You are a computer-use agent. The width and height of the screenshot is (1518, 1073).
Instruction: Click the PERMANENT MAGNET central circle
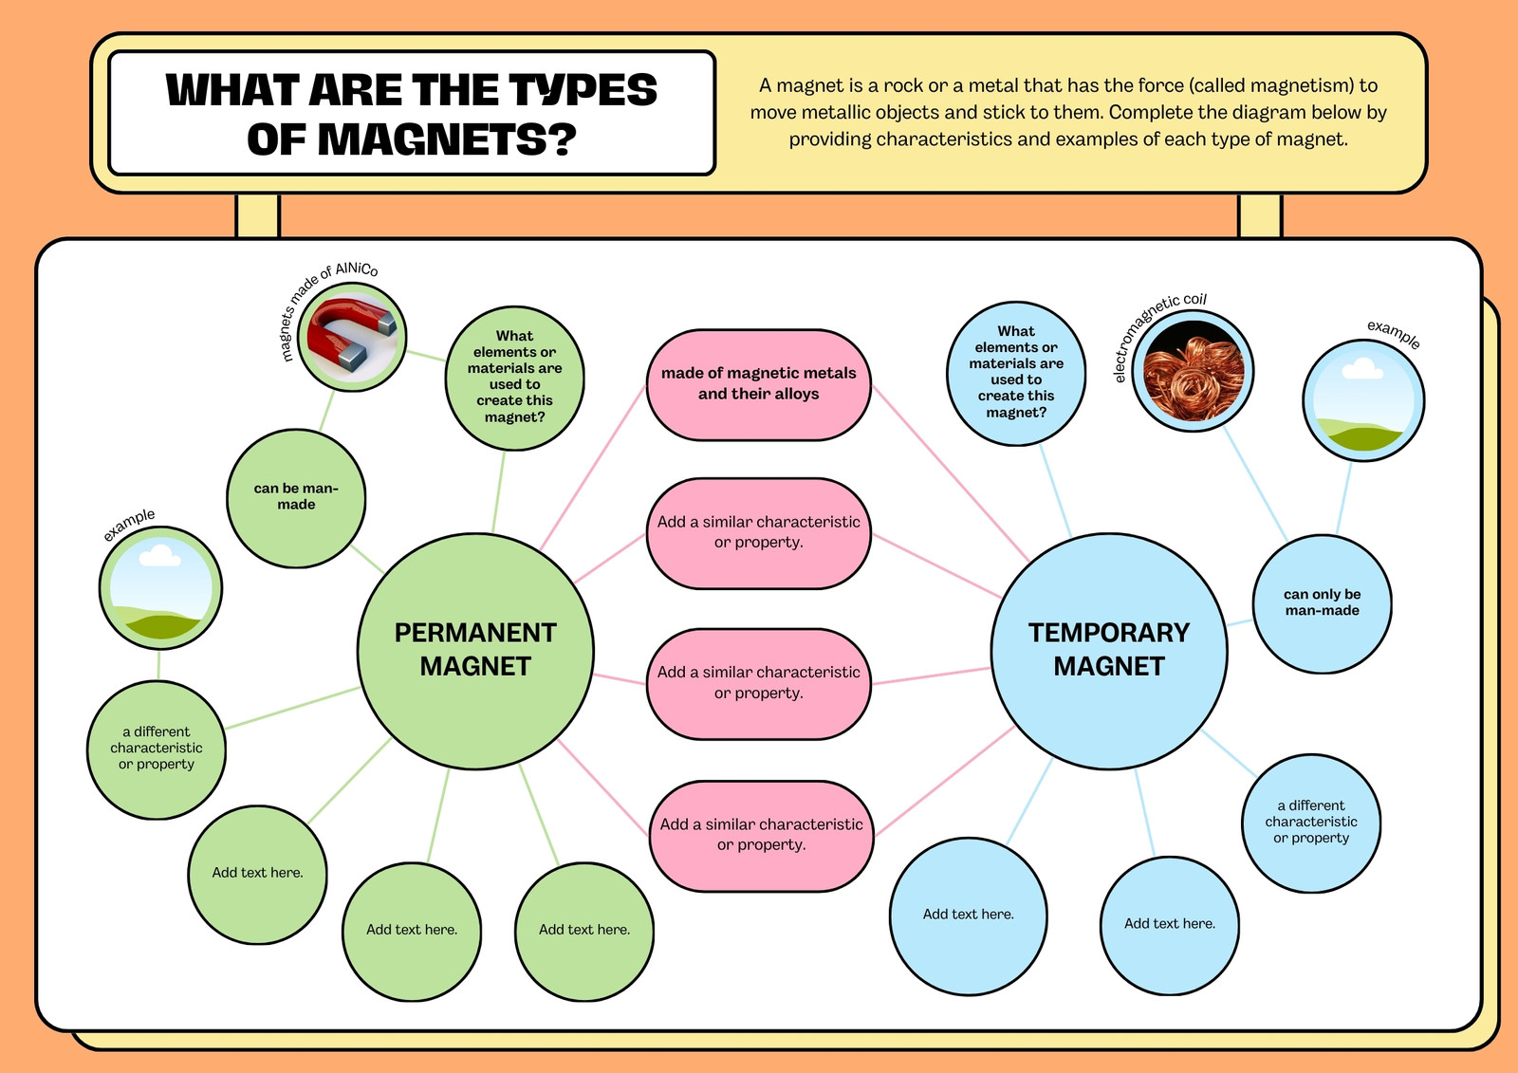475,651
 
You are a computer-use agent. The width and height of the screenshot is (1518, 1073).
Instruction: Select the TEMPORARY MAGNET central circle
1109,651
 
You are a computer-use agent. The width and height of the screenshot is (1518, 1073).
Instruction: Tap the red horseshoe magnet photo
352,337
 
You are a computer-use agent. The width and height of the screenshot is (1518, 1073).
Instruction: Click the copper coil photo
1193,371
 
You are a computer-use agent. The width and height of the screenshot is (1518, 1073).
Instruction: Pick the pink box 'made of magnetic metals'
758,384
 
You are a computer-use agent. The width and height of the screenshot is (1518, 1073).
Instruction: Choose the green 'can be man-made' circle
296,497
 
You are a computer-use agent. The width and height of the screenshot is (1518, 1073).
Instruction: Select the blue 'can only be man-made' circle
1322,602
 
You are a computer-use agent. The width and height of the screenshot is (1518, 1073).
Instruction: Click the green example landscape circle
160,587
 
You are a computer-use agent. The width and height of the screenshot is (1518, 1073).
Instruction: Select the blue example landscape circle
1363,400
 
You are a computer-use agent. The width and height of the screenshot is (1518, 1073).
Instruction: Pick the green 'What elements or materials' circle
514,378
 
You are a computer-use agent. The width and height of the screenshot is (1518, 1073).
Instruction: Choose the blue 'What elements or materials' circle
1016,374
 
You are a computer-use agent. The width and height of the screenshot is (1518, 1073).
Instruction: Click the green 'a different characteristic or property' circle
157,749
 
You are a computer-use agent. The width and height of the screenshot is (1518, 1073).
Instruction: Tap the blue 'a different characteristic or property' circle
1310,823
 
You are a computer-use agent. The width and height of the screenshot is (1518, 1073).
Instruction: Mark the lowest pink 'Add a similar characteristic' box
762,835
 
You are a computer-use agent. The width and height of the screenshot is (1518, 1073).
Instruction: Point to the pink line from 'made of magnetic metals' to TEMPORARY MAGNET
951,473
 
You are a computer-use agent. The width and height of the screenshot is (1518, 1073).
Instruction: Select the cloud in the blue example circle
1362,368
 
